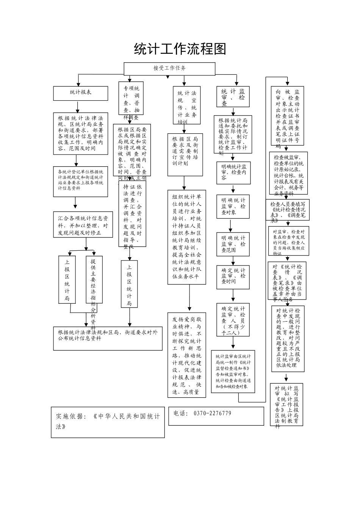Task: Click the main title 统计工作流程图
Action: pyautogui.click(x=180, y=49)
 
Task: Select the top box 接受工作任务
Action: pyautogui.click(x=169, y=68)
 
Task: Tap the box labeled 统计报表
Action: pyautogui.click(x=81, y=93)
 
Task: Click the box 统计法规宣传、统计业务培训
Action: pyautogui.click(x=187, y=107)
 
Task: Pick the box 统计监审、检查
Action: pyautogui.click(x=233, y=97)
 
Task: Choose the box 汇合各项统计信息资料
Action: pyautogui.click(x=83, y=225)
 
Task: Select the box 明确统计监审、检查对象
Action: pyautogui.click(x=233, y=206)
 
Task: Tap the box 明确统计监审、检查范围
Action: pyautogui.click(x=233, y=244)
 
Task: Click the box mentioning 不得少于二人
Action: pyautogui.click(x=233, y=320)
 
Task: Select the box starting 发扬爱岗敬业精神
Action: pyautogui.click(x=187, y=355)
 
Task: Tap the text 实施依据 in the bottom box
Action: pyautogui.click(x=71, y=416)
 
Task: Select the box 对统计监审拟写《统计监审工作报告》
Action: pyautogui.click(x=287, y=404)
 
